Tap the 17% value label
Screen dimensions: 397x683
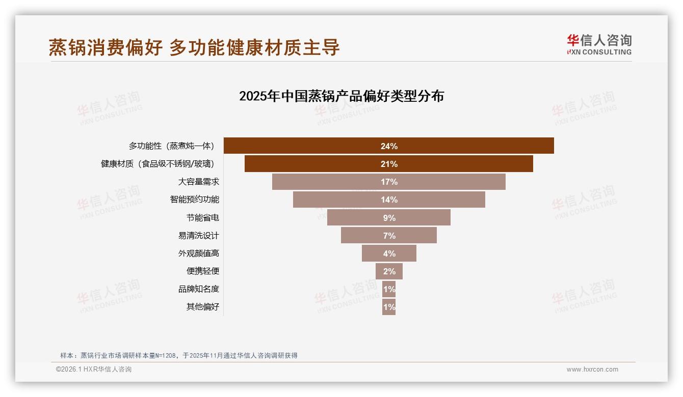(389, 182)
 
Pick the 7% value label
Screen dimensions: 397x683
(389, 236)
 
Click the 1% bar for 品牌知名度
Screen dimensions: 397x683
(389, 289)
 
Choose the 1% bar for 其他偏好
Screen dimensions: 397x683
(389, 307)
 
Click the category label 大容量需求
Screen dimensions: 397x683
(198, 182)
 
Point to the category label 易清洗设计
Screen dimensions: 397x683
(198, 236)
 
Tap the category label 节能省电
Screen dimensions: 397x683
(202, 218)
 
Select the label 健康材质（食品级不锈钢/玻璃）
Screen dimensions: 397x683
(157, 164)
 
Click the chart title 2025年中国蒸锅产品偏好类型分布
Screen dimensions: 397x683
(341, 96)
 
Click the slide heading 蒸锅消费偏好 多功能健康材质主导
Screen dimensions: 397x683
(194, 47)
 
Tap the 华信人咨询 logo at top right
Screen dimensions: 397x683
(599, 44)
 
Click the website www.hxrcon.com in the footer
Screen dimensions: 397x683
(592, 370)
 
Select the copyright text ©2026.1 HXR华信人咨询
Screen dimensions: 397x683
(94, 370)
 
